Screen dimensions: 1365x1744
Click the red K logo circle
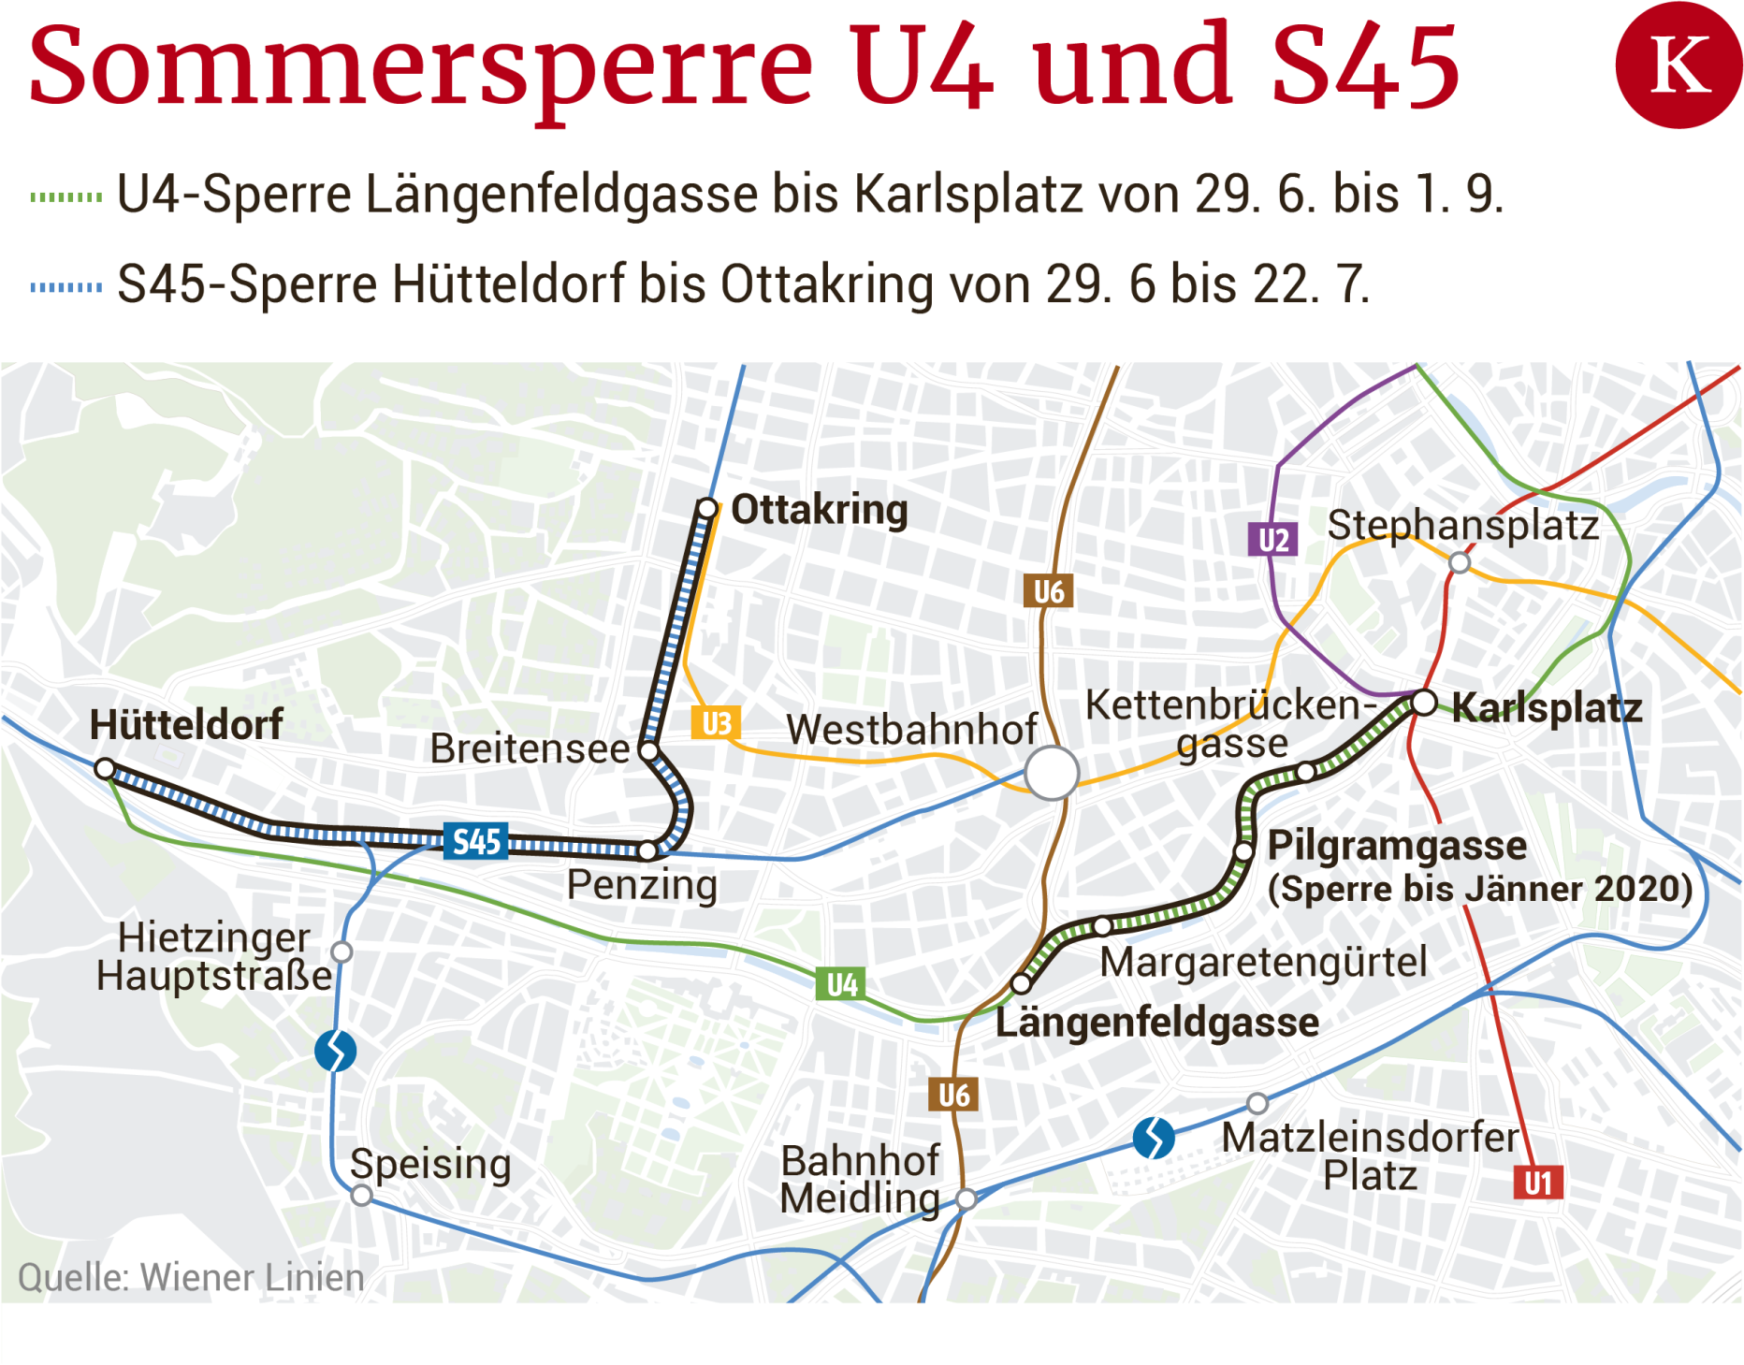click(x=1678, y=65)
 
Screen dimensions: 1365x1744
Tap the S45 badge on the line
click(x=476, y=841)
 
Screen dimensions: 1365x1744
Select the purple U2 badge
click(x=1272, y=540)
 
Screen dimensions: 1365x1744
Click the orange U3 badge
click(x=716, y=723)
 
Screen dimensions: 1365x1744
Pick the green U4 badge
click(x=840, y=984)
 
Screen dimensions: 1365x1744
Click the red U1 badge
click(x=1537, y=1183)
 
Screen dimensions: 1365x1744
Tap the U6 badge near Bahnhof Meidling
click(x=953, y=1095)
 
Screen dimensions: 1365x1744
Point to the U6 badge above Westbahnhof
click(x=1048, y=591)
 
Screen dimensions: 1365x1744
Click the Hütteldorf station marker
click(x=105, y=769)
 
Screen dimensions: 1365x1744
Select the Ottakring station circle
click(x=707, y=509)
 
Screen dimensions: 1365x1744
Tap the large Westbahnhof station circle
click(x=1052, y=773)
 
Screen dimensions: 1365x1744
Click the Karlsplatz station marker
click(x=1423, y=702)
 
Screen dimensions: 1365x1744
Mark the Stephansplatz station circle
click(x=1459, y=562)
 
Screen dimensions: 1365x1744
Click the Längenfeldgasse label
click(x=1156, y=1022)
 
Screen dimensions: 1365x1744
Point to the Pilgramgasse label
click(x=1396, y=845)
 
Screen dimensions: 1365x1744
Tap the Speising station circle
click(x=362, y=1195)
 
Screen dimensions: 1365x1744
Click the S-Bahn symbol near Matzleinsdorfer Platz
click(x=1153, y=1138)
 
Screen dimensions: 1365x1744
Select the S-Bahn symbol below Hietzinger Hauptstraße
click(x=335, y=1051)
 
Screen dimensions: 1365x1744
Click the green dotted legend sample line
click(x=65, y=196)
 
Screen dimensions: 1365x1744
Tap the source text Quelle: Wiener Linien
click(x=191, y=1277)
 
